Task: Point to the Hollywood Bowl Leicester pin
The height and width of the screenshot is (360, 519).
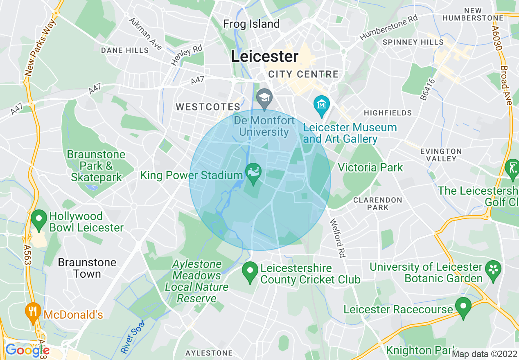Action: [x=39, y=219]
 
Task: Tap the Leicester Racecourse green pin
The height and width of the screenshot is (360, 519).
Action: [x=463, y=308]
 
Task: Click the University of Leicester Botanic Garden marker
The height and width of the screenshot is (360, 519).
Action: [x=493, y=270]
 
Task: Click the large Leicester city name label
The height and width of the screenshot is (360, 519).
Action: [x=265, y=56]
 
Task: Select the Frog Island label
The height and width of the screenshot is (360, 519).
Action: [x=251, y=24]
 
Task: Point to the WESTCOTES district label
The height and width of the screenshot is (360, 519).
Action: [x=208, y=107]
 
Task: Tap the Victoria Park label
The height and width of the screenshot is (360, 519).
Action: [x=370, y=167]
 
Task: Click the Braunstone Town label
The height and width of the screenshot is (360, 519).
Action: [x=87, y=268]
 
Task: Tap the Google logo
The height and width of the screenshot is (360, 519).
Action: [x=27, y=350]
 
